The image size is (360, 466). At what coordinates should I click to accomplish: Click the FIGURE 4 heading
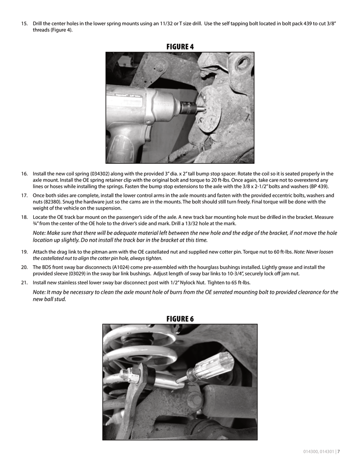[180, 46]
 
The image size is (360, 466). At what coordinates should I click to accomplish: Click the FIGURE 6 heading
[180, 319]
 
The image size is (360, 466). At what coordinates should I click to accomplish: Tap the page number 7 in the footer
[339, 452]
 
